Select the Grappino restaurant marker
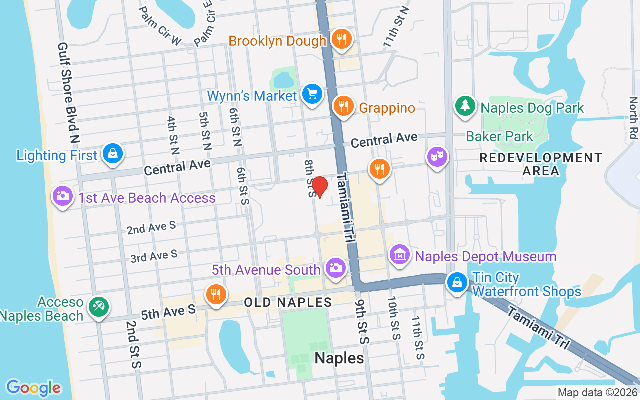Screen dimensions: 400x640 pyautogui.click(x=344, y=106)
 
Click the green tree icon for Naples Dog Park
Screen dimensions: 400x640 pyautogui.click(x=465, y=105)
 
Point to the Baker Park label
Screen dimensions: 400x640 pyautogui.click(x=499, y=136)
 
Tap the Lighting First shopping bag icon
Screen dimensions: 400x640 pyautogui.click(x=113, y=153)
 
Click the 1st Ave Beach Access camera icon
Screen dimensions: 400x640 pyautogui.click(x=63, y=195)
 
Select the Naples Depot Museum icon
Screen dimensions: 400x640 pyautogui.click(x=400, y=255)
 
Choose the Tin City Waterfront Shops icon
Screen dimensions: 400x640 pyautogui.click(x=457, y=282)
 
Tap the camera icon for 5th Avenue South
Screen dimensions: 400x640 pyautogui.click(x=335, y=267)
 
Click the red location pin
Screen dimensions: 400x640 pyautogui.click(x=319, y=187)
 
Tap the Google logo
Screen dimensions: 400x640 pyautogui.click(x=34, y=388)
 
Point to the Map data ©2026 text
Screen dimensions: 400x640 pyautogui.click(x=597, y=393)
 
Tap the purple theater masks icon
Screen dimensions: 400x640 pyautogui.click(x=437, y=157)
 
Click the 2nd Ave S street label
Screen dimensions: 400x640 pyautogui.click(x=151, y=227)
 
